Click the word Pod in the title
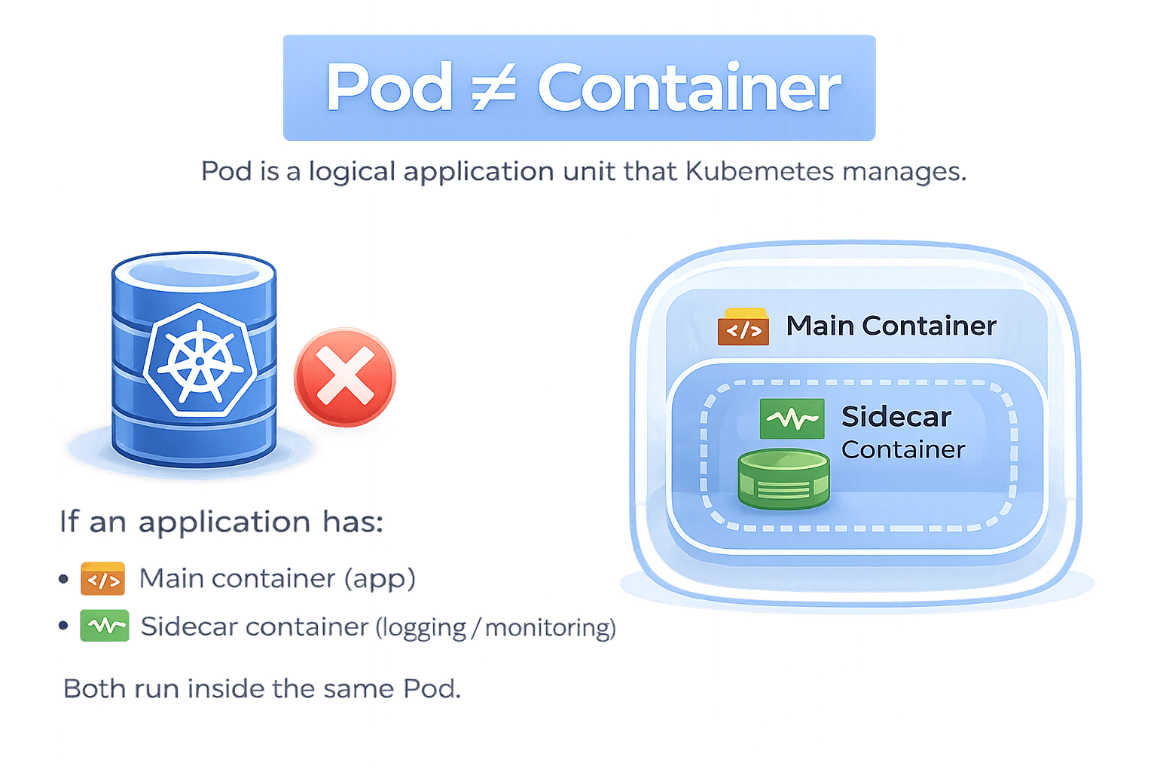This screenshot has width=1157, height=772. (x=389, y=87)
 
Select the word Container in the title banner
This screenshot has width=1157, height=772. (x=688, y=87)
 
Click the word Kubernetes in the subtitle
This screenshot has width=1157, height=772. (x=760, y=172)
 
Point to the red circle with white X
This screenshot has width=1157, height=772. (x=345, y=376)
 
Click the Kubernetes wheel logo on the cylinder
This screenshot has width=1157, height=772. (x=199, y=360)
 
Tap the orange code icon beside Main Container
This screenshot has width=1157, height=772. (x=743, y=326)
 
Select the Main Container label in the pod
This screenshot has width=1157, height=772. (x=890, y=326)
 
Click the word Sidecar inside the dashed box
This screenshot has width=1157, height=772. (x=896, y=416)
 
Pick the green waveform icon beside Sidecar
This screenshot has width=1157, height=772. (x=792, y=418)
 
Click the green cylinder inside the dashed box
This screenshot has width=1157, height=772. (x=783, y=479)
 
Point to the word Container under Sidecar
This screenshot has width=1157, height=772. (x=902, y=450)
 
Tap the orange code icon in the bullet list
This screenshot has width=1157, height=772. (x=102, y=580)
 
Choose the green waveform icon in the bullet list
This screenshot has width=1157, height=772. (x=105, y=626)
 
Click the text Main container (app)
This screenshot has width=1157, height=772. (x=277, y=579)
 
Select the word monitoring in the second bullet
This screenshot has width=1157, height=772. (x=550, y=627)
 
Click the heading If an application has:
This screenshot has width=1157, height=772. (x=222, y=522)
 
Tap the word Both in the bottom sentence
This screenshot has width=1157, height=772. (x=94, y=688)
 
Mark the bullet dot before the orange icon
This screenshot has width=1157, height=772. (x=63, y=580)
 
